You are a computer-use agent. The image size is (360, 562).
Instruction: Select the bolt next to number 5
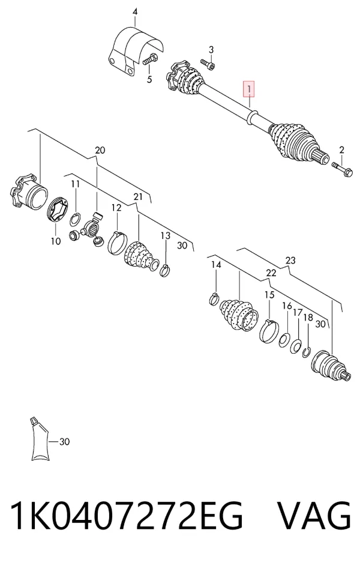click(x=151, y=60)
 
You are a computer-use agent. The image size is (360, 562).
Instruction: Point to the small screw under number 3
click(x=208, y=64)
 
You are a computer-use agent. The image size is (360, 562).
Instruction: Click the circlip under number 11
click(x=75, y=219)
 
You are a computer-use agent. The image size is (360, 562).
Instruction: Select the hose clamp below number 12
click(x=117, y=243)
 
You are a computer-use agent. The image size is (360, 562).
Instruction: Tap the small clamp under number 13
click(x=165, y=270)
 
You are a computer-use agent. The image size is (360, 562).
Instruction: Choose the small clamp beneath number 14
click(x=214, y=298)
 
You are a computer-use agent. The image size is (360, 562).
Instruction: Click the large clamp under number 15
click(x=269, y=330)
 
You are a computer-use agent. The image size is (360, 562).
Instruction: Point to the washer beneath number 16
click(x=285, y=340)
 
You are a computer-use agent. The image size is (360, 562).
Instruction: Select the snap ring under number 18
click(x=306, y=352)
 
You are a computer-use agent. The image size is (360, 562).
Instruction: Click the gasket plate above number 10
click(x=58, y=211)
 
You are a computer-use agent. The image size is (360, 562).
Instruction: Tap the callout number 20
click(x=100, y=150)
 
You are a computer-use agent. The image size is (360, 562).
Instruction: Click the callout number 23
click(x=290, y=260)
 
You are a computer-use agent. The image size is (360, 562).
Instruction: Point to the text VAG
click(x=314, y=515)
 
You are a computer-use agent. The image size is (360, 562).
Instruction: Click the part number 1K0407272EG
click(x=127, y=515)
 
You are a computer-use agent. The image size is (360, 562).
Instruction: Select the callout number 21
click(x=138, y=196)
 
